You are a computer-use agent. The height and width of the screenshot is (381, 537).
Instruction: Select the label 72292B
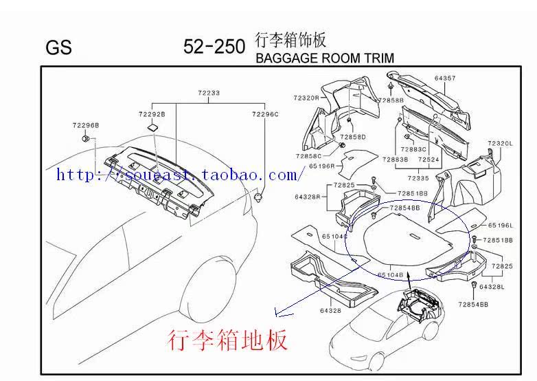(151, 114)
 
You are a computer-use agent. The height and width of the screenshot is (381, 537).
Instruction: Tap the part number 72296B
(86, 125)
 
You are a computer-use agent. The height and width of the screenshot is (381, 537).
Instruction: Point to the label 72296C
(265, 114)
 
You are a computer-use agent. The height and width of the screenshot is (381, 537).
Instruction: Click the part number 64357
(444, 78)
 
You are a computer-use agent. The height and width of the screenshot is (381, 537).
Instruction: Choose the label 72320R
(306, 98)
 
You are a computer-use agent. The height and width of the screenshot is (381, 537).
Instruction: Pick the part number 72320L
(501, 143)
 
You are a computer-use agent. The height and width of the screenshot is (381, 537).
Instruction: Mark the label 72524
(429, 160)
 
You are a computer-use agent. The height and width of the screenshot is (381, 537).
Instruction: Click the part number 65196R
(321, 166)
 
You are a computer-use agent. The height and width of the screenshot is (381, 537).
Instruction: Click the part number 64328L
(492, 287)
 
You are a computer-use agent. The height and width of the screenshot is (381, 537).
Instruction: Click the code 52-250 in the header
(214, 46)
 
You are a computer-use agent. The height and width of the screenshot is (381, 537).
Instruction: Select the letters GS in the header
(58, 48)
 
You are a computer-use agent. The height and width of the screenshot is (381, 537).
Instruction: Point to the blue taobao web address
(177, 175)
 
